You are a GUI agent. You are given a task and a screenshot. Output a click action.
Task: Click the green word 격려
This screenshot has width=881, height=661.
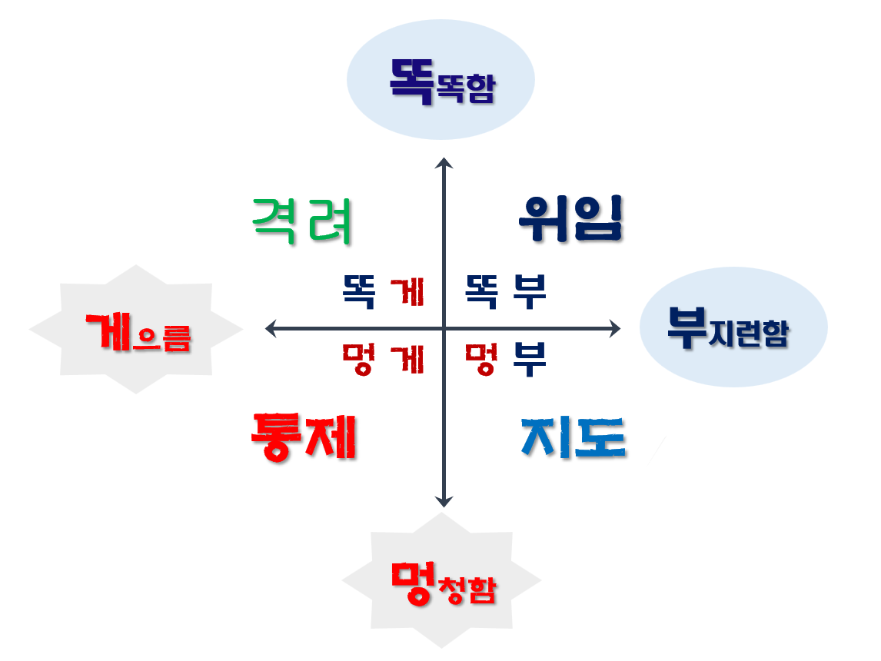[x=302, y=221]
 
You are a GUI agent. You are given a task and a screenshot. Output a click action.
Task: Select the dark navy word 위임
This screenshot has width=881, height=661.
[x=570, y=219]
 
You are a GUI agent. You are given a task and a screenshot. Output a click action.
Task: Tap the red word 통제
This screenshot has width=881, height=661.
[x=304, y=437]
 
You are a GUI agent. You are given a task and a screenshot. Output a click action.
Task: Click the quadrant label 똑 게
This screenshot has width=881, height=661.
[x=383, y=292]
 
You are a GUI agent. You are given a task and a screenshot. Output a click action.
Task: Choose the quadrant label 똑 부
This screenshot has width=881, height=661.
[x=506, y=292]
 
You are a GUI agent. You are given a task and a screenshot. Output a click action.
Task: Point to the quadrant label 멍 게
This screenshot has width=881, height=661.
[x=383, y=358]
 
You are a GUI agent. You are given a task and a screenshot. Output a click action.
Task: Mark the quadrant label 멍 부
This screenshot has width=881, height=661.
[x=506, y=358]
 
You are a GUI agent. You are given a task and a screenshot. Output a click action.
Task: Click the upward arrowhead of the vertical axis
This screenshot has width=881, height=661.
[x=444, y=163]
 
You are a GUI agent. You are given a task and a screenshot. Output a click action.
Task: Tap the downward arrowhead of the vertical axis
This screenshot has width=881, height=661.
[x=444, y=501]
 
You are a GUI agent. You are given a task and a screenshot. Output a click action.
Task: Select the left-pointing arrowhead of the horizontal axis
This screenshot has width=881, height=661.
[x=271, y=329]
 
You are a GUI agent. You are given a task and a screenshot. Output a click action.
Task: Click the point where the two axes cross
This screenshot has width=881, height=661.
[x=444, y=329]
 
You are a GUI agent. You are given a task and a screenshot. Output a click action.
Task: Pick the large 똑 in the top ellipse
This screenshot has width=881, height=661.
[x=412, y=79]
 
